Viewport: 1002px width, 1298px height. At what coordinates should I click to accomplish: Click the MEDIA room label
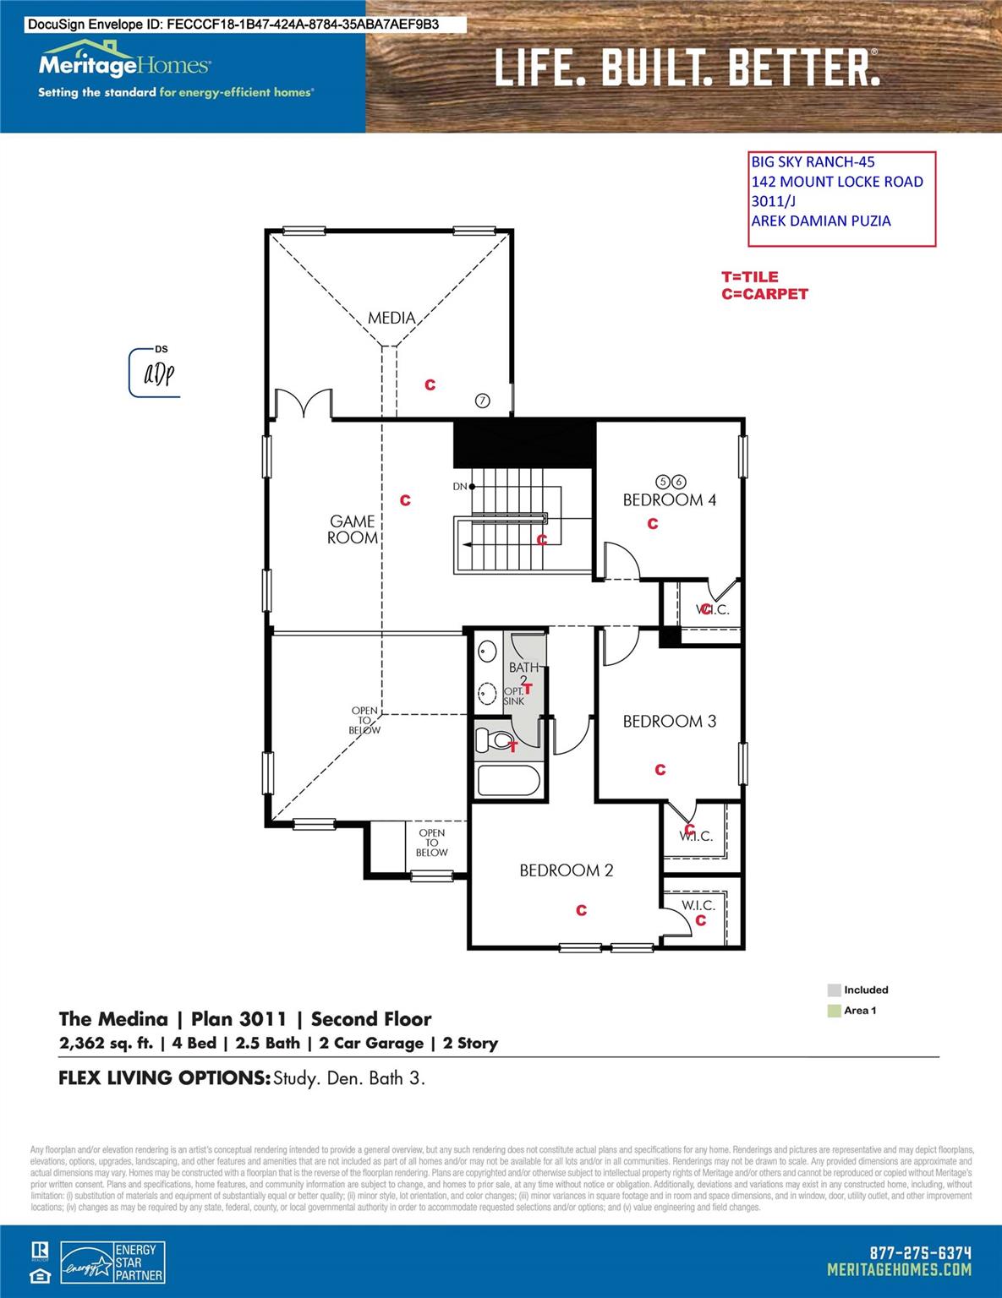[x=391, y=318]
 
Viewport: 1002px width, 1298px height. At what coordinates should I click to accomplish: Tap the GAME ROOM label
[x=353, y=530]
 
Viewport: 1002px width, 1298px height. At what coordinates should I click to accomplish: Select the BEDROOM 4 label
[x=669, y=499]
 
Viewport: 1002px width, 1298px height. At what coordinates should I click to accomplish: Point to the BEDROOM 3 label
[x=669, y=721]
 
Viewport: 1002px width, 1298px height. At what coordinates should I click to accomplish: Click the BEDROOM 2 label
[x=566, y=870]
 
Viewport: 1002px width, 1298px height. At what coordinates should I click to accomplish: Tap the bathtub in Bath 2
[x=507, y=780]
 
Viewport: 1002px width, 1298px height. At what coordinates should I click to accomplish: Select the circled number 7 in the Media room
[x=482, y=401]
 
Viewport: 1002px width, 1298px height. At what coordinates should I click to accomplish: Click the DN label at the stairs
[x=460, y=487]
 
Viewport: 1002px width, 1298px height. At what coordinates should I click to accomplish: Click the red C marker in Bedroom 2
[x=581, y=910]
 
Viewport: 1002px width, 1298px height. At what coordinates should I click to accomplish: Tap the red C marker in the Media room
[x=430, y=385]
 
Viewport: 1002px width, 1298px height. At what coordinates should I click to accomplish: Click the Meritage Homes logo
[x=124, y=64]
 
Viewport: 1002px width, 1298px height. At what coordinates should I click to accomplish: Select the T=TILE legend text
[x=749, y=276]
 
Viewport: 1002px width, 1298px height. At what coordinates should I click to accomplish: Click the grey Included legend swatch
[x=834, y=990]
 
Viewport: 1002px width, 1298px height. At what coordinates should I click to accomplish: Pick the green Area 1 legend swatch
[x=834, y=1011]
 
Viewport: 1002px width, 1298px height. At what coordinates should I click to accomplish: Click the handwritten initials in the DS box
[x=158, y=374]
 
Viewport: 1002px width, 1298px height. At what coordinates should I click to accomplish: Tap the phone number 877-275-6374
[x=920, y=1253]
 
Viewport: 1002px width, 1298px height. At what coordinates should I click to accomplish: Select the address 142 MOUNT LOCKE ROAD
[x=836, y=182]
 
